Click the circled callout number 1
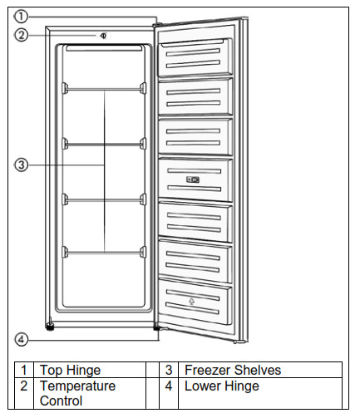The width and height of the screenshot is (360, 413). pyautogui.click(x=22, y=16)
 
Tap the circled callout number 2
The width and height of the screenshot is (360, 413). pyautogui.click(x=22, y=35)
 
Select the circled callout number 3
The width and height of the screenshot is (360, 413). pyautogui.click(x=22, y=165)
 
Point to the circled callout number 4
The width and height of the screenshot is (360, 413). pyautogui.click(x=22, y=339)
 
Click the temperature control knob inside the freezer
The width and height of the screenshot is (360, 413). pyautogui.click(x=102, y=36)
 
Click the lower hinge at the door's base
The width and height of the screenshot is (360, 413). pyautogui.click(x=158, y=329)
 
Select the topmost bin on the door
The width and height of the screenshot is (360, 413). pyautogui.click(x=196, y=55)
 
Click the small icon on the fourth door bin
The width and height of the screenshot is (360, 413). pyautogui.click(x=193, y=179)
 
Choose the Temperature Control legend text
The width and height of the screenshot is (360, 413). pyautogui.click(x=78, y=393)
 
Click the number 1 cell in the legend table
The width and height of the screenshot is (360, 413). pyautogui.click(x=25, y=370)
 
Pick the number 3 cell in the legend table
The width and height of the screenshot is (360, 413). pyautogui.click(x=169, y=370)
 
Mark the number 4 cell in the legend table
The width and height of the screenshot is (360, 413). pyautogui.click(x=169, y=386)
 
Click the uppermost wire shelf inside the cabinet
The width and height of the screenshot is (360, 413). pyautogui.click(x=104, y=86)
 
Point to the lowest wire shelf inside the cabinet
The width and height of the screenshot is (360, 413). pyautogui.click(x=104, y=250)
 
